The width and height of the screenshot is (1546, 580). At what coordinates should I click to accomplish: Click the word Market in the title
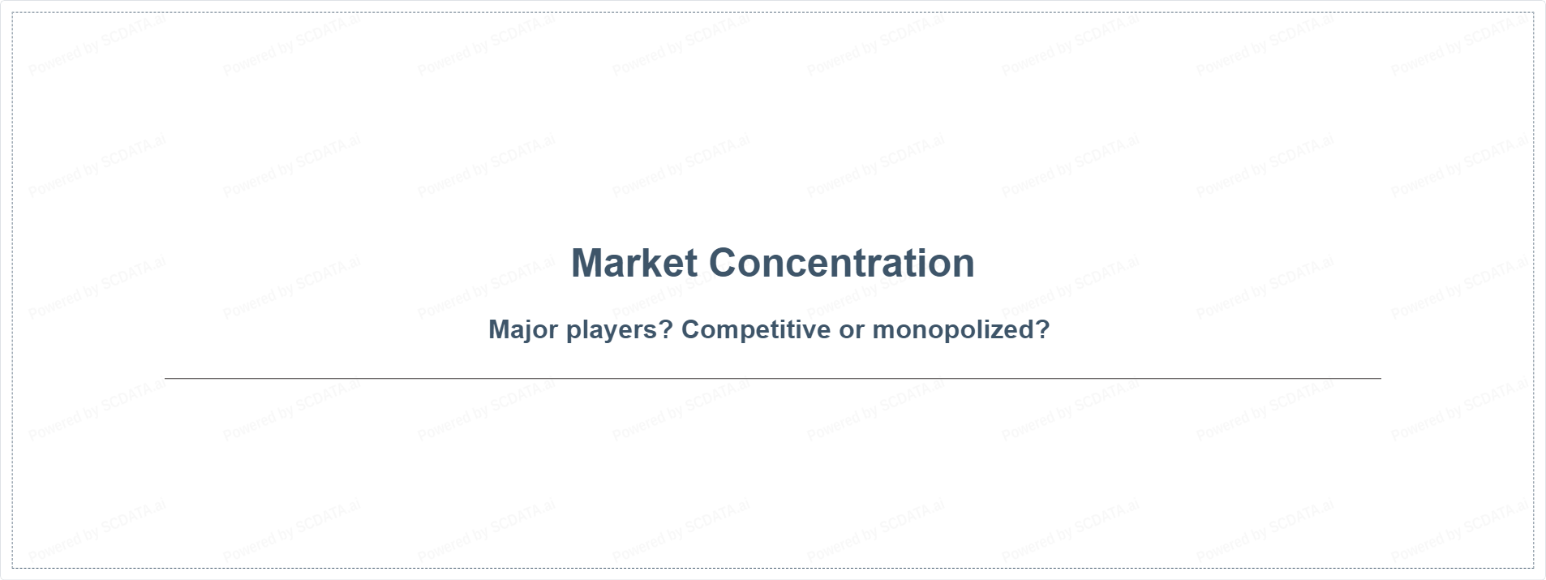634,263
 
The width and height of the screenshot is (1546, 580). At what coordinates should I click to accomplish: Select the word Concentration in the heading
842,263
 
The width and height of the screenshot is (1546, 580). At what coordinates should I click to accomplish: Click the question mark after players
668,329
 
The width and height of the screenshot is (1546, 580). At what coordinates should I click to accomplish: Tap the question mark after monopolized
1043,329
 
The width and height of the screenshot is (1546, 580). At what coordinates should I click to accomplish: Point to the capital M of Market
587,263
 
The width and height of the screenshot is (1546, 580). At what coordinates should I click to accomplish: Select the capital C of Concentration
724,263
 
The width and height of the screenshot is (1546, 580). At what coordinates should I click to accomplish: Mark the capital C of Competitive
691,329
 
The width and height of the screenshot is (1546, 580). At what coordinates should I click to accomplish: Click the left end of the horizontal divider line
165,378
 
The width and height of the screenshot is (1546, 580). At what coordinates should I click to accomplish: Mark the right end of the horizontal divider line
1381,378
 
